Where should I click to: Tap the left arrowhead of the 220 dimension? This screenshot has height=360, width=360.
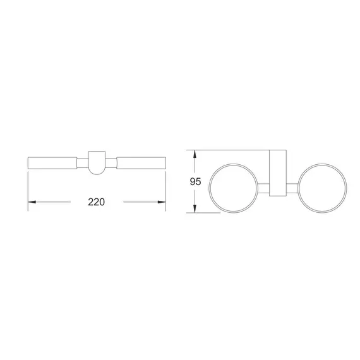(32, 202)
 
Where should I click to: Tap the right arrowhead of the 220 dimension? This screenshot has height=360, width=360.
(162, 202)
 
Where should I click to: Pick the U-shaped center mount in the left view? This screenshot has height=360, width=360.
(97, 162)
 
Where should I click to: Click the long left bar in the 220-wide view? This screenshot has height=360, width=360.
(52, 162)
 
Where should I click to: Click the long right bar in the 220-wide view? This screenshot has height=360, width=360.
(141, 162)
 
